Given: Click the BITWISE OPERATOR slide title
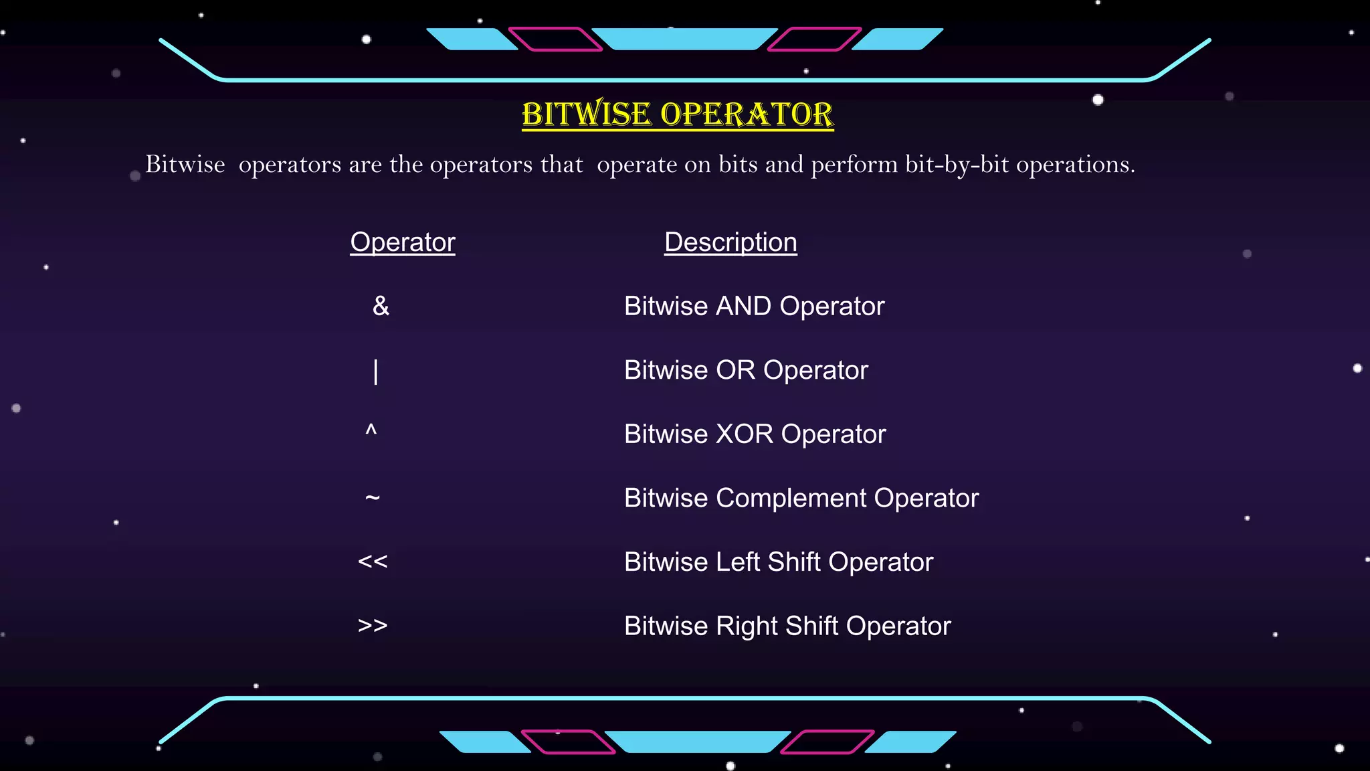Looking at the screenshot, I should click(x=678, y=114).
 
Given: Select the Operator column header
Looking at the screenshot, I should click(x=403, y=242).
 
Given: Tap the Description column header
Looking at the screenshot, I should click(x=730, y=242).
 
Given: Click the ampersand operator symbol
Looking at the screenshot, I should click(x=381, y=307).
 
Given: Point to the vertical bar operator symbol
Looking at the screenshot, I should click(x=376, y=371).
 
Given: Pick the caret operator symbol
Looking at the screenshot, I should click(x=371, y=431).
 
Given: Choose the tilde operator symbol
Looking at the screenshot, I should click(x=373, y=497).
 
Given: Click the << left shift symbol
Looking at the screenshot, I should click(x=373, y=562).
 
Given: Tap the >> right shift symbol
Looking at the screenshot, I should click(x=373, y=626).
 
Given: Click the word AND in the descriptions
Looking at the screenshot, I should click(x=743, y=307).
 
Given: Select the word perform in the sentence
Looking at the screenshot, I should click(x=854, y=165).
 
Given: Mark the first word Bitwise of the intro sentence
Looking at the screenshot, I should click(x=185, y=165).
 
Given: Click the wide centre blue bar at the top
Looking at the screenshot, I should click(x=684, y=39).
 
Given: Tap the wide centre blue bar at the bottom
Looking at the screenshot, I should click(x=697, y=742).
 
